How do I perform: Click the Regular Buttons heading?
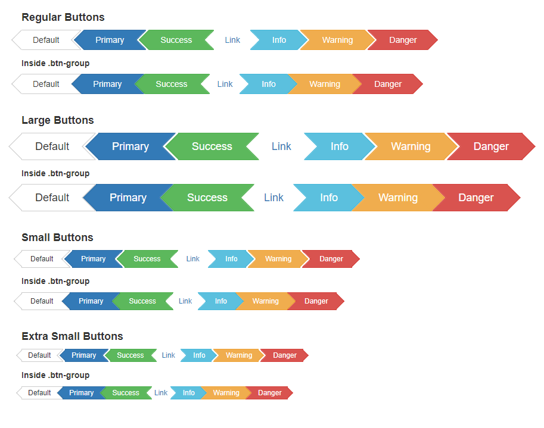coord(63,17)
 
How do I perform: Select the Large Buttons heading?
coord(58,120)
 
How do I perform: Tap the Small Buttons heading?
coord(57,238)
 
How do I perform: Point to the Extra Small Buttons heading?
coord(72,336)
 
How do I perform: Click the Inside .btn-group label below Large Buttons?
coord(55,173)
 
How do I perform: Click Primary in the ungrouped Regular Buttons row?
coord(110,40)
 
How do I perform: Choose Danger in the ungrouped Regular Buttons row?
coord(403,40)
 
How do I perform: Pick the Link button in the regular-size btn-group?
coord(225,84)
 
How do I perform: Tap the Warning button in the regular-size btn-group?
coord(325,84)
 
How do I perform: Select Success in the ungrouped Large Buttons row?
coord(212,146)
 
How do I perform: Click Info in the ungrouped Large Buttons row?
coord(339,146)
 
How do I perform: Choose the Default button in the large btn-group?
coord(52,198)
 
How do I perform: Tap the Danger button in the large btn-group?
coord(476,198)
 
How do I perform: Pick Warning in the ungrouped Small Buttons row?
coord(278,259)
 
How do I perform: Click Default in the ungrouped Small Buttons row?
coord(42,259)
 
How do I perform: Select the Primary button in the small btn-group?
coord(91,301)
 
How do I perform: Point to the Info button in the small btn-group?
coord(220,301)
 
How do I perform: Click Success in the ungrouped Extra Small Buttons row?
coord(130,355)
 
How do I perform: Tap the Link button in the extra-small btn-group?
coord(161,393)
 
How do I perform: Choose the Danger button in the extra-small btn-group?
coord(269,393)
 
